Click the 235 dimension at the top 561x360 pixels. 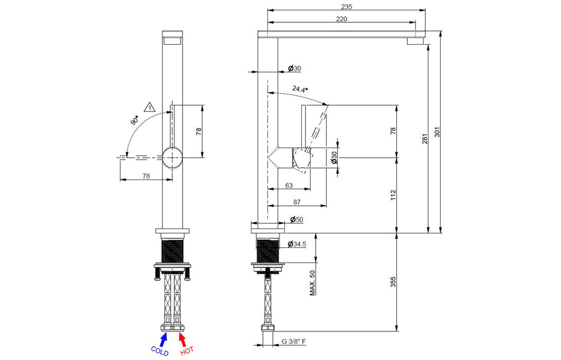pos(347,7)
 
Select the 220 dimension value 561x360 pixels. pos(341,19)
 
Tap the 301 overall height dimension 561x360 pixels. pos(437,132)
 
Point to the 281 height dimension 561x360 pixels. pos(425,139)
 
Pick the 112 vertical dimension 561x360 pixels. pos(393,195)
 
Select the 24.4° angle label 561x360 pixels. pos(300,89)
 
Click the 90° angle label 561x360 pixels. pos(135,120)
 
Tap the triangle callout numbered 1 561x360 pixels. pos(150,106)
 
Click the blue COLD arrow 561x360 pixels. pos(164,339)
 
